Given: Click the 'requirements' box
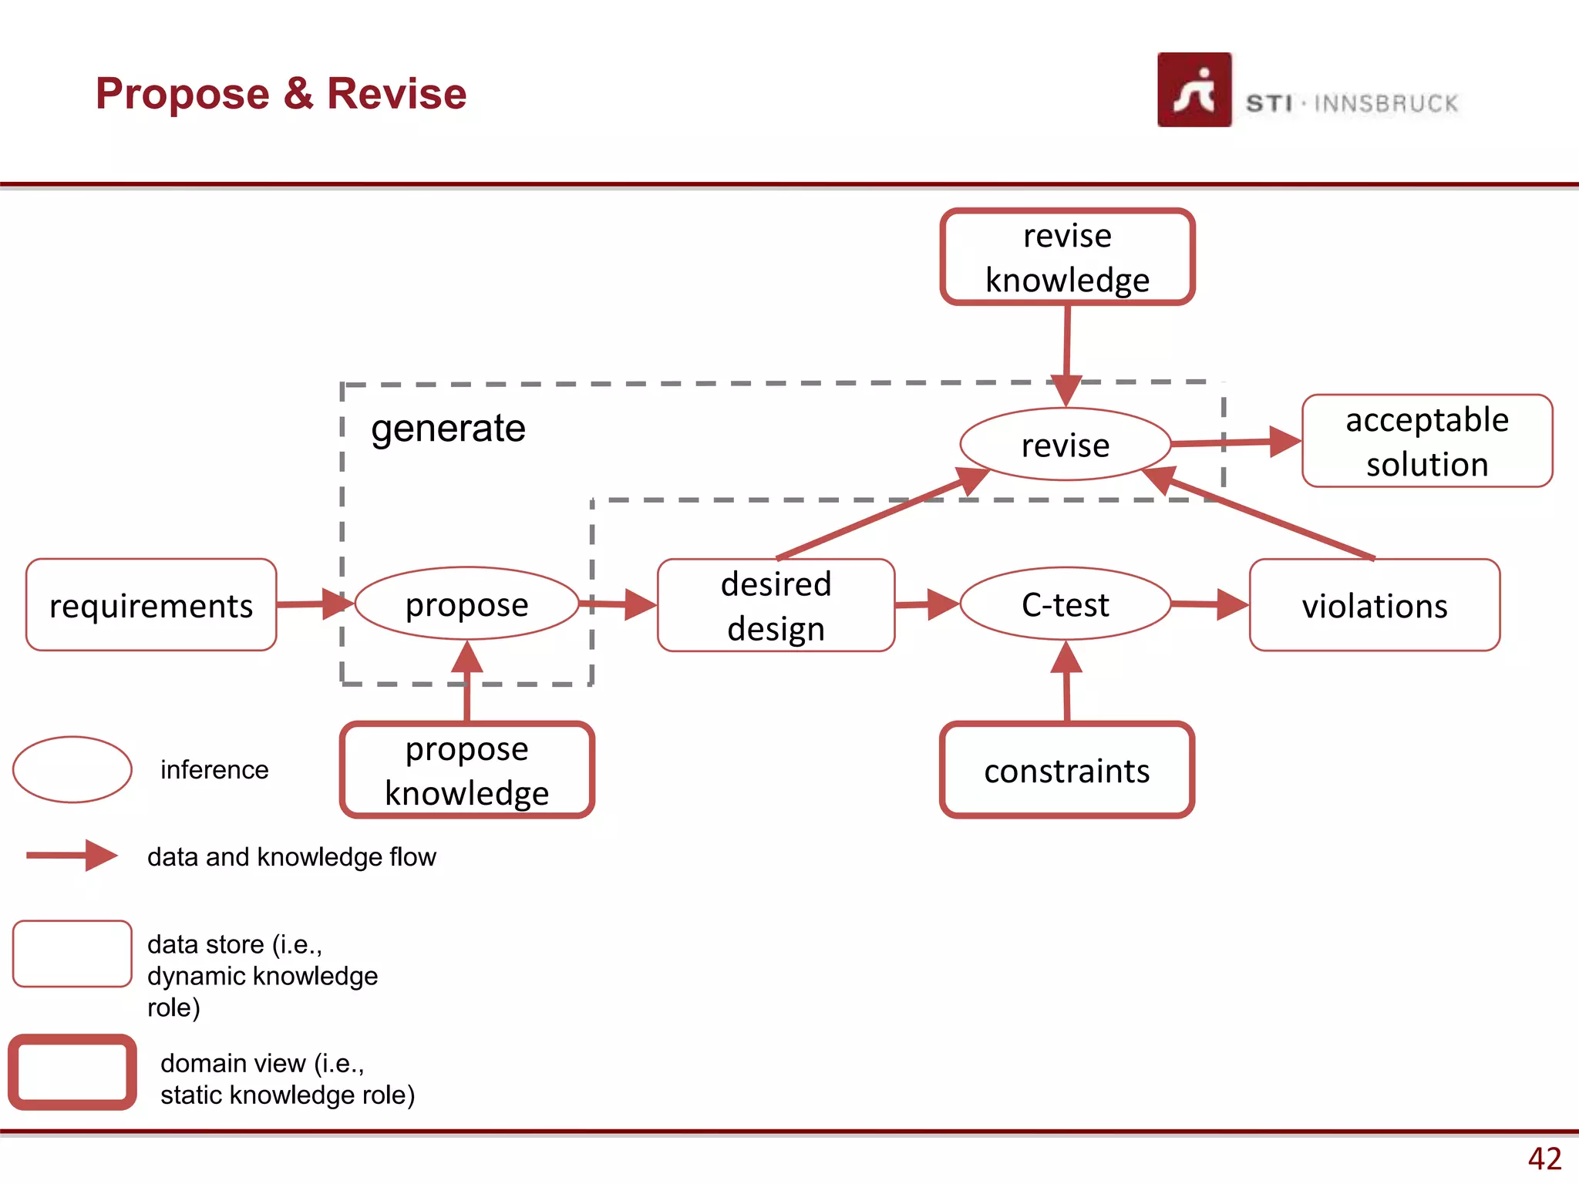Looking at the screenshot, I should tap(151, 605).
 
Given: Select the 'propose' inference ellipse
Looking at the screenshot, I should tap(466, 604).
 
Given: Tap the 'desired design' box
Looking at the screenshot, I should tap(776, 606).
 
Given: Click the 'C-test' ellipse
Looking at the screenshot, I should tap(1065, 604).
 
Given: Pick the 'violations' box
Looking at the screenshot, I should tap(1374, 606).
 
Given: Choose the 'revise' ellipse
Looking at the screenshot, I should tap(1065, 445).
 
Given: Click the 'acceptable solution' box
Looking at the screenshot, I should tap(1426, 442).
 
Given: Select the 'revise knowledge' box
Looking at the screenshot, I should tap(1067, 257).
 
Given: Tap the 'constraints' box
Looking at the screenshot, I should tap(1067, 771).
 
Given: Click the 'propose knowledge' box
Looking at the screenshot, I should tap(466, 771).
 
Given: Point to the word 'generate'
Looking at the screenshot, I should tap(448, 428).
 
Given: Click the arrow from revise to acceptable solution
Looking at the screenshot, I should tap(1234, 442).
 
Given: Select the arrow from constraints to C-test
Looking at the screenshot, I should tap(1066, 682).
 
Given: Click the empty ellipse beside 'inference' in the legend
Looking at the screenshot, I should tap(72, 769).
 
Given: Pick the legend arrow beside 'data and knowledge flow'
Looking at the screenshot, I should tap(71, 856).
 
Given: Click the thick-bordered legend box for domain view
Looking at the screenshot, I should tap(72, 1072).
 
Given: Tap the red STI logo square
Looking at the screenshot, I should tap(1194, 90).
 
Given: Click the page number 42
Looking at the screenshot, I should tap(1544, 1159).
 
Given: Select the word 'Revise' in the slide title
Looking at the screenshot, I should tap(396, 94).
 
